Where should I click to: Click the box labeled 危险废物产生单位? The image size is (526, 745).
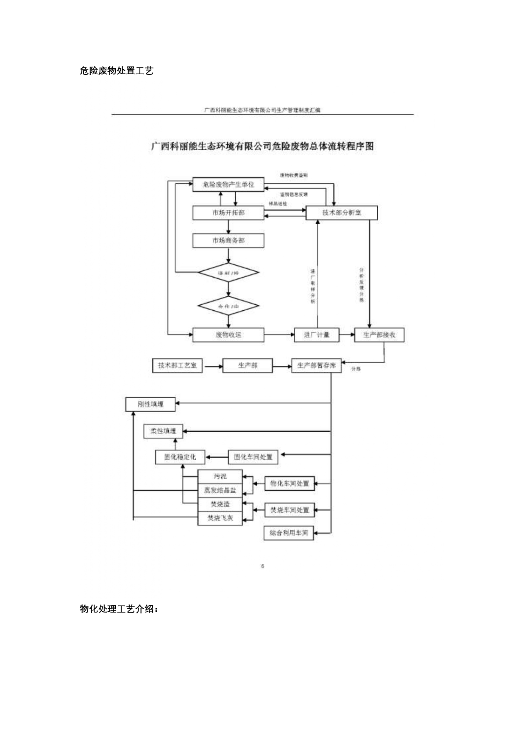(x=228, y=185)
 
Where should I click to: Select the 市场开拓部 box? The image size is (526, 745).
(x=228, y=213)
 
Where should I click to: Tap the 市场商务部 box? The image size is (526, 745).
(x=228, y=240)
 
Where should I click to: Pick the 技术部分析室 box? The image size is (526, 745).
(x=341, y=213)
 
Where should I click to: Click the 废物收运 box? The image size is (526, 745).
(x=228, y=335)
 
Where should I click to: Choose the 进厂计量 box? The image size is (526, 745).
(x=317, y=335)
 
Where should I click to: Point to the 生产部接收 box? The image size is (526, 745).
(x=379, y=335)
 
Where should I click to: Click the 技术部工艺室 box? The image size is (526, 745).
(x=177, y=365)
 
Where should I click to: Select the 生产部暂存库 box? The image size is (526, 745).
(x=316, y=365)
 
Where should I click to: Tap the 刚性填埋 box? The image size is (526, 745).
(x=150, y=404)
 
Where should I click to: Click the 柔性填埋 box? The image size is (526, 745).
(x=163, y=431)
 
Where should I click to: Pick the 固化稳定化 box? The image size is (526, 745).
(x=180, y=457)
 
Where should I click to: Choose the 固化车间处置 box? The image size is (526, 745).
(x=253, y=457)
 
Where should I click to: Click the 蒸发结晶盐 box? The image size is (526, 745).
(x=220, y=490)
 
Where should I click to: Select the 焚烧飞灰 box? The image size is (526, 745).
(x=220, y=518)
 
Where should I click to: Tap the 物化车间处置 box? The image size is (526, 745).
(x=289, y=484)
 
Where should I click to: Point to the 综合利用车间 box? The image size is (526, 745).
(x=289, y=533)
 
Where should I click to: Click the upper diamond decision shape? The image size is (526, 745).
(x=228, y=273)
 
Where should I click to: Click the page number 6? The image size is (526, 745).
(x=263, y=566)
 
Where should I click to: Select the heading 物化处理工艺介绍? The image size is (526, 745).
(x=119, y=609)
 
